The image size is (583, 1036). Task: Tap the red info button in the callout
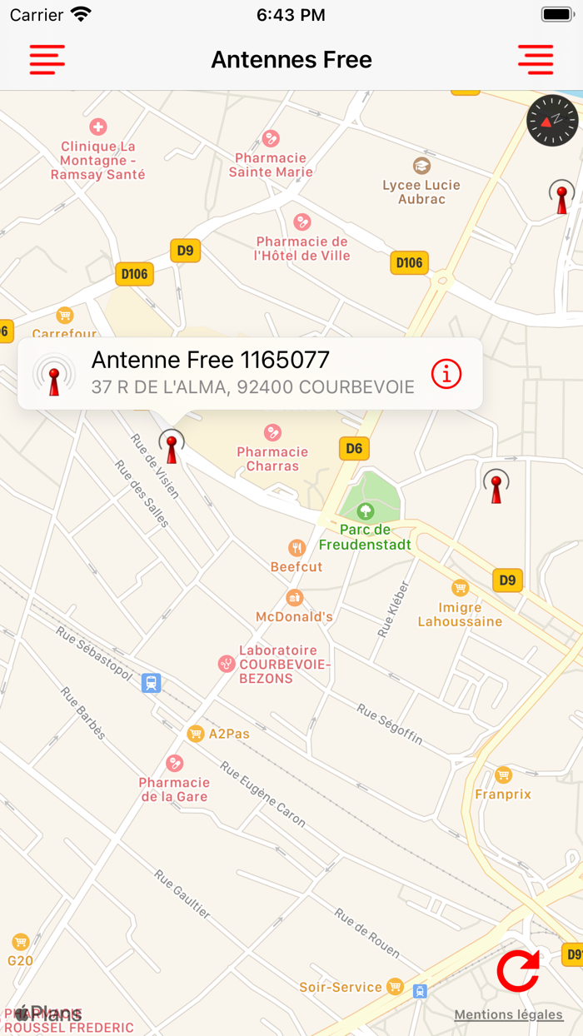point(446,375)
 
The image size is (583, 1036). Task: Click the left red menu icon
point(47,60)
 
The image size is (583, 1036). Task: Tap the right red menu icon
point(536,60)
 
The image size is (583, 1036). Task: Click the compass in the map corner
point(552,120)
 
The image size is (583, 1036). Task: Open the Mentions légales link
point(508,1014)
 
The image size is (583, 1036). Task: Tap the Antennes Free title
point(291,60)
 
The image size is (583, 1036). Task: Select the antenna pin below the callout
point(172,446)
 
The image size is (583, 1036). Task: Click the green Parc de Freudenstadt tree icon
point(365,511)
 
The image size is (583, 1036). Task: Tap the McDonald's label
point(295,617)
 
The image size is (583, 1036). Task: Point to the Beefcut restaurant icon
point(296,548)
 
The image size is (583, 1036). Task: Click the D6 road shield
point(354,449)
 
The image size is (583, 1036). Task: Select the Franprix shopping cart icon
point(503,775)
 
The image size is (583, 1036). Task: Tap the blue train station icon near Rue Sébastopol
point(151,683)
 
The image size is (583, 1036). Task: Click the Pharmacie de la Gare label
point(174,789)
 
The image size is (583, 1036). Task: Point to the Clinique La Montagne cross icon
point(98,127)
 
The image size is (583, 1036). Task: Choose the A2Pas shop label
point(228,734)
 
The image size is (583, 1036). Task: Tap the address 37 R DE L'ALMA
point(252,387)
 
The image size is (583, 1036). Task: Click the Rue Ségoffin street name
point(390,724)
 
